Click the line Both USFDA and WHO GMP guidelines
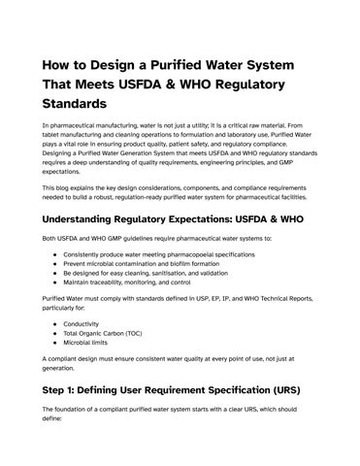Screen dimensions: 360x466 (155, 238)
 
